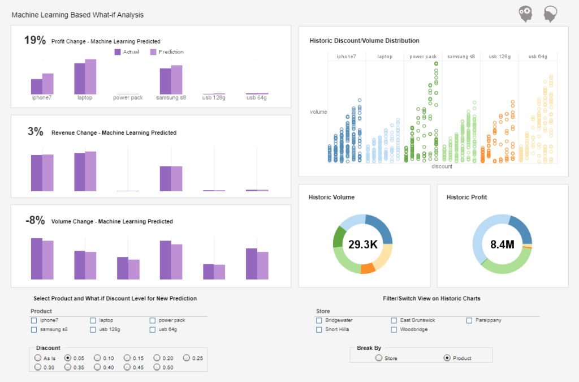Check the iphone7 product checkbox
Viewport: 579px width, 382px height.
point(34,320)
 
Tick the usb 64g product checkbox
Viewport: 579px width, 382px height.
point(153,329)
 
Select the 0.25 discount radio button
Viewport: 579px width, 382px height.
point(187,358)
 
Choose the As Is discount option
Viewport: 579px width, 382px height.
point(38,358)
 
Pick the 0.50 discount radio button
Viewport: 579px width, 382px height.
point(157,367)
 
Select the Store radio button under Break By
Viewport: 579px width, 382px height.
point(378,358)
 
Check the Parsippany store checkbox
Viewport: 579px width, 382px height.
point(469,320)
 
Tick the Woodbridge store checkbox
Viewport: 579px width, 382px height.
point(394,329)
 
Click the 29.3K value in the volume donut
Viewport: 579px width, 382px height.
point(362,244)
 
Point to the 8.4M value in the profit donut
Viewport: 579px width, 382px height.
point(502,244)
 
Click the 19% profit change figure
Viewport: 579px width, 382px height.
point(34,40)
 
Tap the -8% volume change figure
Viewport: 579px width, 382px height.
point(34,221)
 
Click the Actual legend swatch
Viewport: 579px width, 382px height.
point(118,52)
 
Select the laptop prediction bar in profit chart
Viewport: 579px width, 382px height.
point(90,76)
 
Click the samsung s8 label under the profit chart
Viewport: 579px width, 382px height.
point(171,97)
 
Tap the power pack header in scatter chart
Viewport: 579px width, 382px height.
point(423,57)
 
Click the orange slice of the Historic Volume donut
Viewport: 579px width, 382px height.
point(367,268)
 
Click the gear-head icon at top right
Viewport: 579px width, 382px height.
point(526,14)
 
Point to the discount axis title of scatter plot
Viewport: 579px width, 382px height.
point(442,166)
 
